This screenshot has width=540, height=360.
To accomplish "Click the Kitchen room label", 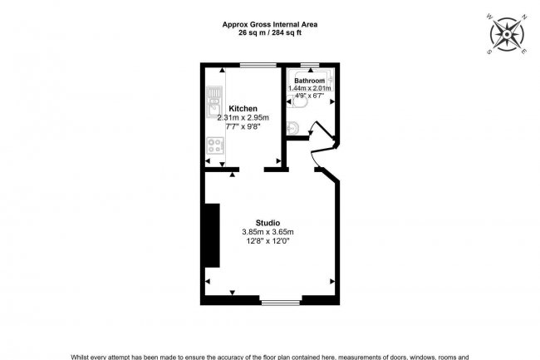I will click(243, 109).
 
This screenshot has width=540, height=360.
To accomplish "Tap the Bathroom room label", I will click(309, 80).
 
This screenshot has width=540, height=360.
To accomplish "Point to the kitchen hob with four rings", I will click(216, 145).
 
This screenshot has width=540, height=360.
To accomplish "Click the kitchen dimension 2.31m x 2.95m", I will click(243, 119).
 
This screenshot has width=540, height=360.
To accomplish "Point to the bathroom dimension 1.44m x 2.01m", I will click(309, 88).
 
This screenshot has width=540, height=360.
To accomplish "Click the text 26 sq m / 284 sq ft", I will click(269, 34).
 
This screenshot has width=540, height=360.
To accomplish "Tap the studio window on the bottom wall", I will click(281, 299).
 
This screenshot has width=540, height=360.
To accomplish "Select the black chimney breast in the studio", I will click(213, 235).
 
